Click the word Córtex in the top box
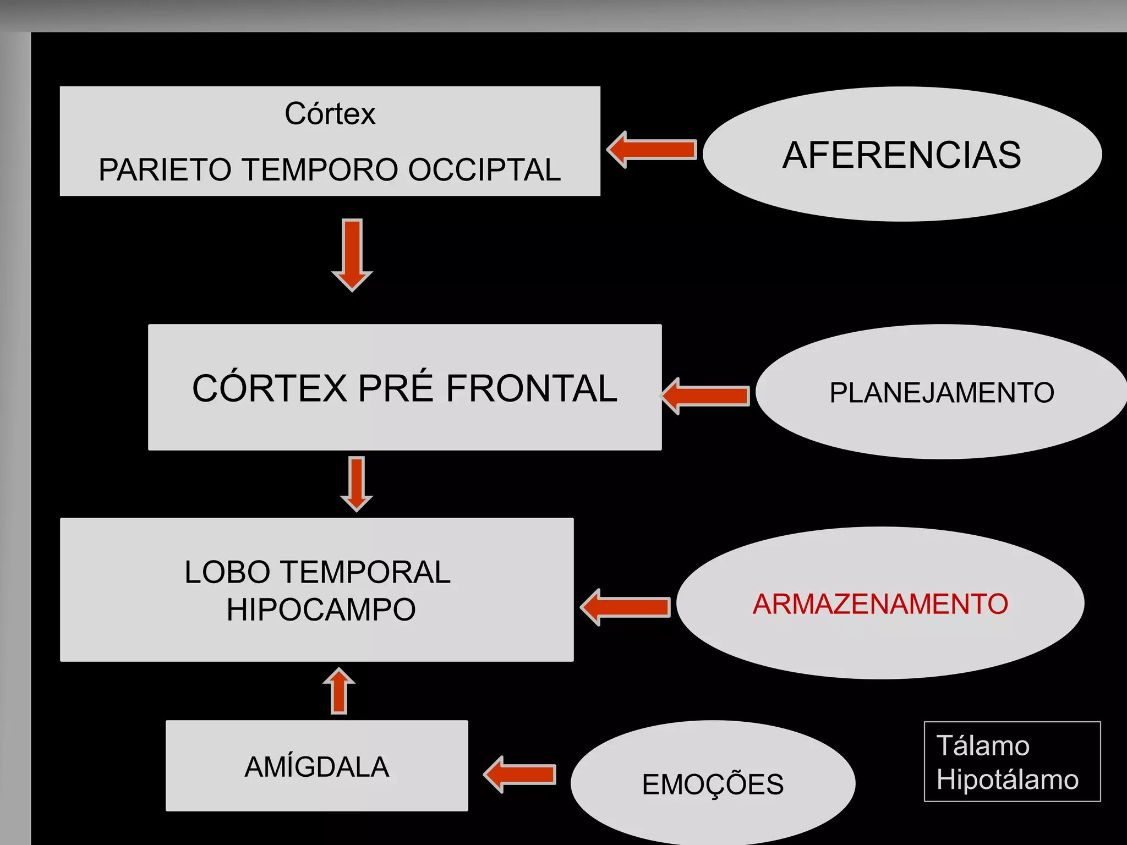pos(330,114)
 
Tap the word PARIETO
pos(165,169)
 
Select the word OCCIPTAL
pos(484,169)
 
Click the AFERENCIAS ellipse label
pos(901,155)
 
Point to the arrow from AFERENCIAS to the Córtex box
pos(652,150)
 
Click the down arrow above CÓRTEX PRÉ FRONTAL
pos(352,254)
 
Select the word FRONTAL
pos(531,388)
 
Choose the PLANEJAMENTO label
pos(942,393)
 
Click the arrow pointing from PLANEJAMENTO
pos(705,396)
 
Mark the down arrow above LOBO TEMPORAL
pos(357,484)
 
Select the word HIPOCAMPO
pos(321,610)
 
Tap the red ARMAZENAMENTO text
pos(880,604)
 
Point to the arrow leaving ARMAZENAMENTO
pos(626,607)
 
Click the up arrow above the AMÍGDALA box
pos(339,691)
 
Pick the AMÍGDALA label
pos(317,767)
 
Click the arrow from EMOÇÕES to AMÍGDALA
pos(520,774)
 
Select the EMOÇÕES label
pos(713,784)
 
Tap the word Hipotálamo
pos(1007,780)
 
